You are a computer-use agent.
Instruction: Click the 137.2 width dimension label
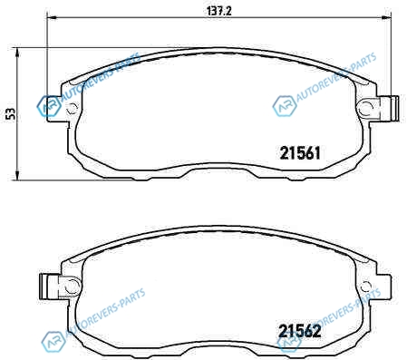(219, 11)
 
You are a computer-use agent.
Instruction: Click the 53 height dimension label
(11, 114)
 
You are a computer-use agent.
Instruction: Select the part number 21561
(300, 153)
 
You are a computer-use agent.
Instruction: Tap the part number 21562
(300, 331)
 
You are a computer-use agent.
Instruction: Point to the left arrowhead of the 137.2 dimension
(52, 17)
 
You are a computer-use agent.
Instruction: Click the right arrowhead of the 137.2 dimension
(386, 17)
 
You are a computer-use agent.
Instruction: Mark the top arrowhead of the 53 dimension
(17, 52)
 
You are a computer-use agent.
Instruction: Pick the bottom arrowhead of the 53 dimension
(17, 176)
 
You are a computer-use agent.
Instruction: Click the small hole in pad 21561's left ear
(72, 108)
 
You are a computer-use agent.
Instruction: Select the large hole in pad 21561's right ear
(365, 108)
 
